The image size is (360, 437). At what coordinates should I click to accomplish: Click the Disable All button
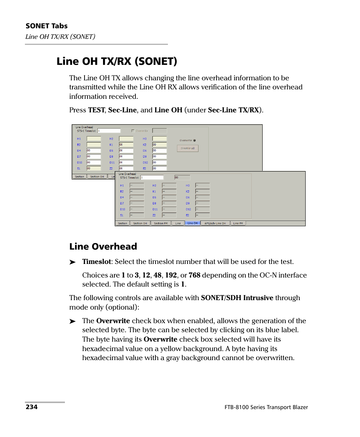(x=188, y=148)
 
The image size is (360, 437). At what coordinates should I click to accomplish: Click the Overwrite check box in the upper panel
(x=132, y=131)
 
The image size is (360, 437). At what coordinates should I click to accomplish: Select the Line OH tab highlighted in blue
(x=192, y=223)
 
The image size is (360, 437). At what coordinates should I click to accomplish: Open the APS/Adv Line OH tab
(x=215, y=223)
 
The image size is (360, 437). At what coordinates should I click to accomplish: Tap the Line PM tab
(x=238, y=223)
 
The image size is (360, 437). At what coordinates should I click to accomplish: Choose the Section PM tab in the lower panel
(x=161, y=223)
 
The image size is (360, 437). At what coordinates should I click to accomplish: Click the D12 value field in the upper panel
(x=159, y=162)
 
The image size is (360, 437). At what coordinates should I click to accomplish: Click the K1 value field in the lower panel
(x=169, y=191)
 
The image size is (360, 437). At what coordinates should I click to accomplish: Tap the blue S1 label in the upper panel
(x=79, y=169)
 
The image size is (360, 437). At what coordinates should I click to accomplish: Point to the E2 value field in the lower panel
(x=202, y=215)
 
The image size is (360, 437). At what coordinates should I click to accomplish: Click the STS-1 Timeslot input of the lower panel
(x=152, y=177)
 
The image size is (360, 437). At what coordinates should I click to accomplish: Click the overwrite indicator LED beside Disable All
(x=195, y=140)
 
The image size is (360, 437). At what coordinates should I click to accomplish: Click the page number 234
(x=31, y=407)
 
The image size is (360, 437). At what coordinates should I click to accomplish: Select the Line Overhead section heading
(x=103, y=247)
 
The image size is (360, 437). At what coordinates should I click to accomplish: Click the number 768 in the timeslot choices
(x=194, y=275)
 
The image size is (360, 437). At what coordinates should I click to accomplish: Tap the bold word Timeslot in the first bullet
(x=97, y=262)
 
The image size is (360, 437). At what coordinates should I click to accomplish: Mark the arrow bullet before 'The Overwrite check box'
(x=73, y=321)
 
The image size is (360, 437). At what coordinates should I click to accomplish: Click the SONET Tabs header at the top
(x=46, y=26)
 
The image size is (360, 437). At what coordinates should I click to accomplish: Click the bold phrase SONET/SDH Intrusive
(x=237, y=298)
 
